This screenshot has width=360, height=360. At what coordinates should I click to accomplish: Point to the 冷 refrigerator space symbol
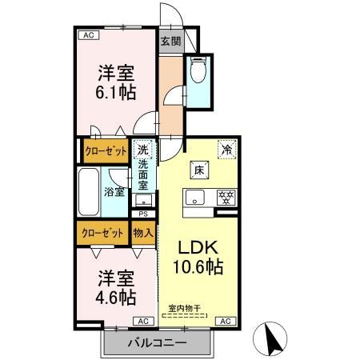point(227,148)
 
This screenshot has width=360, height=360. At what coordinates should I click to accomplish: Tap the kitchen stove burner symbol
point(226,196)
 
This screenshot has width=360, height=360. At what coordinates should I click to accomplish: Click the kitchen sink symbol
point(196,197)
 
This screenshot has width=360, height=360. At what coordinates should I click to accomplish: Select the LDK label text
point(197,247)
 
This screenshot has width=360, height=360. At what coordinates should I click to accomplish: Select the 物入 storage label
point(143,233)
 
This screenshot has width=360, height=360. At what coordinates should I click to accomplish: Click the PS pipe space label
point(143,214)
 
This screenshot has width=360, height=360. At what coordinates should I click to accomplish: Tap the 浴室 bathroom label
point(115,191)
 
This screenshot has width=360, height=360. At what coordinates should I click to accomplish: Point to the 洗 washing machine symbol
point(142,149)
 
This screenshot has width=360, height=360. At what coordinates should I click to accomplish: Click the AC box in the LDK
point(226,322)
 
